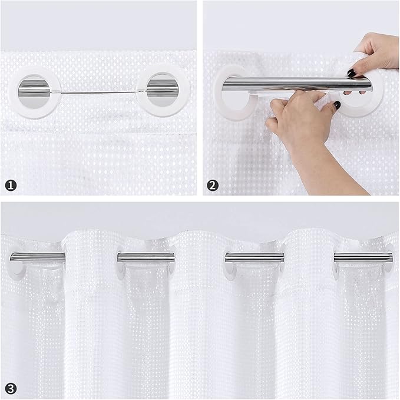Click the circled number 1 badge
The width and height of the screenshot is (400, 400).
point(11,185)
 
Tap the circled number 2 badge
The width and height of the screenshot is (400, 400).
point(213,185)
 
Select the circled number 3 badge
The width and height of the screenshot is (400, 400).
point(10,388)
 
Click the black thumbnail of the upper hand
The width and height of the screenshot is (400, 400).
point(352,73)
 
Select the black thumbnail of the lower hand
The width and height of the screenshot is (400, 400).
point(337,105)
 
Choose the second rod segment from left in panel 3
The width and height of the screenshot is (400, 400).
point(146,257)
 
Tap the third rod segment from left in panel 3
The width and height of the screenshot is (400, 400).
point(254,257)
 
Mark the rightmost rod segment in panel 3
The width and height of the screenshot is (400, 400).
point(363,257)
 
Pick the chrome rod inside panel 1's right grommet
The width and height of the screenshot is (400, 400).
point(157,91)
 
